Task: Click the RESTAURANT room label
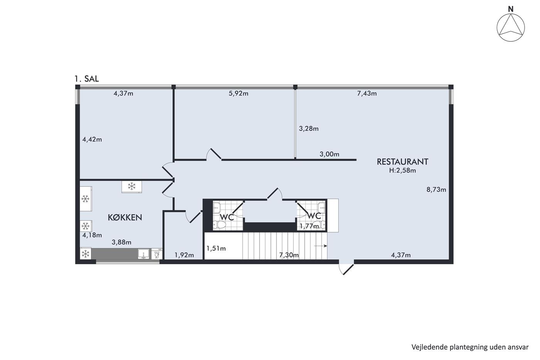402,162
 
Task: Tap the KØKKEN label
125,218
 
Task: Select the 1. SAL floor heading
86,79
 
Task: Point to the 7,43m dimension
367,93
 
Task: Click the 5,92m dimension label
238,93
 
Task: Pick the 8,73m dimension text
436,189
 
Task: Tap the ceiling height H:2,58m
402,171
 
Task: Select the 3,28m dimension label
309,128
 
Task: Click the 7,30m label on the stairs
289,255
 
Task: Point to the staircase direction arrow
321,246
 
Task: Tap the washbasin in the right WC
322,207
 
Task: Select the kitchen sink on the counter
143,254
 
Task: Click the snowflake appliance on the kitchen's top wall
132,187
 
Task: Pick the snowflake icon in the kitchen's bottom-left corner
85,254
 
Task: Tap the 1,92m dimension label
184,255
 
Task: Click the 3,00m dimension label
329,154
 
